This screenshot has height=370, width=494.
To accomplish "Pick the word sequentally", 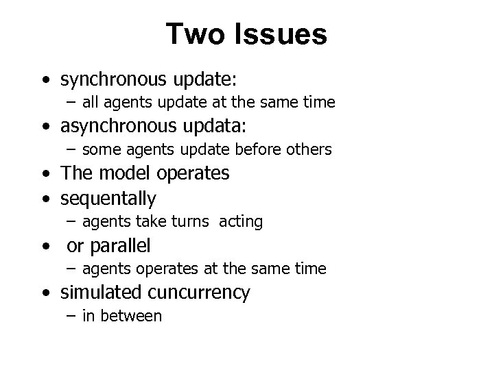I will click(108, 199).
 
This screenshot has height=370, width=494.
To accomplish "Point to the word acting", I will click(242, 221).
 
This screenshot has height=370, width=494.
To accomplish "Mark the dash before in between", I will click(71, 316).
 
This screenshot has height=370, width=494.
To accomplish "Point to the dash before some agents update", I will click(71, 149).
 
